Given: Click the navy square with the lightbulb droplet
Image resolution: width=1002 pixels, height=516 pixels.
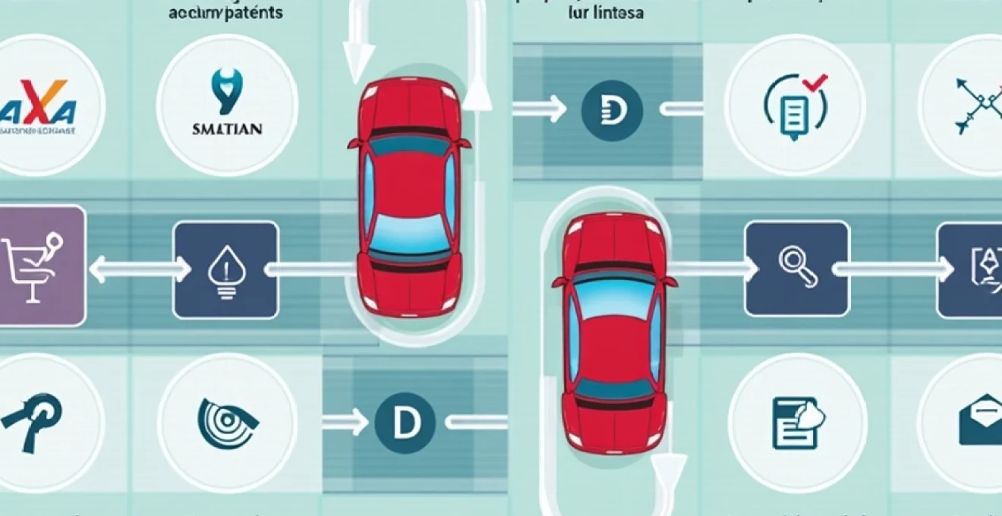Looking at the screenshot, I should tap(225, 269).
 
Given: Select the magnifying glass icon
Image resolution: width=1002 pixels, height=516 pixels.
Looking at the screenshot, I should tap(798, 268).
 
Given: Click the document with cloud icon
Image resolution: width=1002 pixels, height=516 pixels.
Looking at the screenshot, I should tap(794, 422).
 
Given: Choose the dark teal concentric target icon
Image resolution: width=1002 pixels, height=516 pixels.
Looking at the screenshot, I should tap(226, 420).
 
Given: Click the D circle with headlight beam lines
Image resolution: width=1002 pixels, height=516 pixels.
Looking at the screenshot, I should tap(611, 109).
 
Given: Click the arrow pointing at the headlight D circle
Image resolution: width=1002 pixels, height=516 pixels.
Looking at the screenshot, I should tap(540, 109).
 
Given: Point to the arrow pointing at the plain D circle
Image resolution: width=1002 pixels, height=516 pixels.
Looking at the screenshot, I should tap(345, 424).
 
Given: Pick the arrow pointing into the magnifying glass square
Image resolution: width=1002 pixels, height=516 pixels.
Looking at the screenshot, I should tap(714, 268).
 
